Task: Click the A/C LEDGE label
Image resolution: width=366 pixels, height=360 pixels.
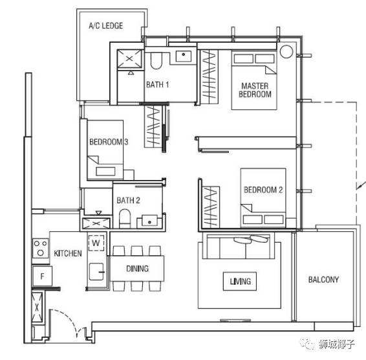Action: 106,25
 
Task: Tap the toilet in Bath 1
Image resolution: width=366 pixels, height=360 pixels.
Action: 156,61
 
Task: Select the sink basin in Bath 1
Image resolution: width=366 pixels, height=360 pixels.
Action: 183,56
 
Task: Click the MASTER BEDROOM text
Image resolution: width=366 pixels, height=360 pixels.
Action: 255,90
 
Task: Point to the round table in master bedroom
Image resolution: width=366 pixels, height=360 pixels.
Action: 286,51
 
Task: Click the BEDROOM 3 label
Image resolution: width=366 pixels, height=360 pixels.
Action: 109,142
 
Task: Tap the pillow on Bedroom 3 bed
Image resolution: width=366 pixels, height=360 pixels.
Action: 105,172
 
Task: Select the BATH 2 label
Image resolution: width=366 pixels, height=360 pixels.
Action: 128,200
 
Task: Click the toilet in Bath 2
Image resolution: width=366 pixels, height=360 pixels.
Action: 125,219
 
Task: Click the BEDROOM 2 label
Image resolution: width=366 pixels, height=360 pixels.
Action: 263,190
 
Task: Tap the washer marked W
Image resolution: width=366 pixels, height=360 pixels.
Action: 96,243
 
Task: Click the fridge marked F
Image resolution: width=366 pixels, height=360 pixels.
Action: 42,276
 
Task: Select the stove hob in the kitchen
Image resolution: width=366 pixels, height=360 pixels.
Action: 41,248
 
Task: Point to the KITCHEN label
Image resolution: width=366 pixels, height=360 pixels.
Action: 68,253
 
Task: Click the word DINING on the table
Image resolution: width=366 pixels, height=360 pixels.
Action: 137,269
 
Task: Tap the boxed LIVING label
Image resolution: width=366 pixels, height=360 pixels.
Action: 240,281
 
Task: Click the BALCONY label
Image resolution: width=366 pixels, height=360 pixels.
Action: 323,279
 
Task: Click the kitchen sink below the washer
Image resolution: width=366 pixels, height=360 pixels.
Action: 96,272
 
